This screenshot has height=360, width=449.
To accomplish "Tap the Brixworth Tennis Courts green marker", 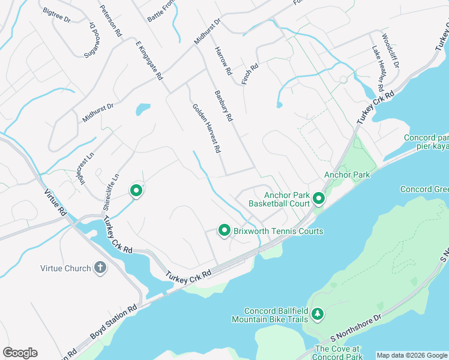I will [x=224, y=230].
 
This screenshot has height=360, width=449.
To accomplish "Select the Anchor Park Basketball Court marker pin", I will [x=318, y=199].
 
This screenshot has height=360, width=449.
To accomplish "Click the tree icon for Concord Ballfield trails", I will [x=318, y=314].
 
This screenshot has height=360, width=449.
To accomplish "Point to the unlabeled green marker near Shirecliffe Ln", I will [x=136, y=191].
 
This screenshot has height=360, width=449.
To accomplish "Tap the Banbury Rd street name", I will [x=223, y=106].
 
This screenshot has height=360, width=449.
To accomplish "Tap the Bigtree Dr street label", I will [x=57, y=16].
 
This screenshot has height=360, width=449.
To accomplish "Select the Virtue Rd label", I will [x=55, y=202].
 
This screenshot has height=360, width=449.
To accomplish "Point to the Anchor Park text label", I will [x=347, y=175].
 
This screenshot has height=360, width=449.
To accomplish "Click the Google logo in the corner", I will [x=20, y=353].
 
